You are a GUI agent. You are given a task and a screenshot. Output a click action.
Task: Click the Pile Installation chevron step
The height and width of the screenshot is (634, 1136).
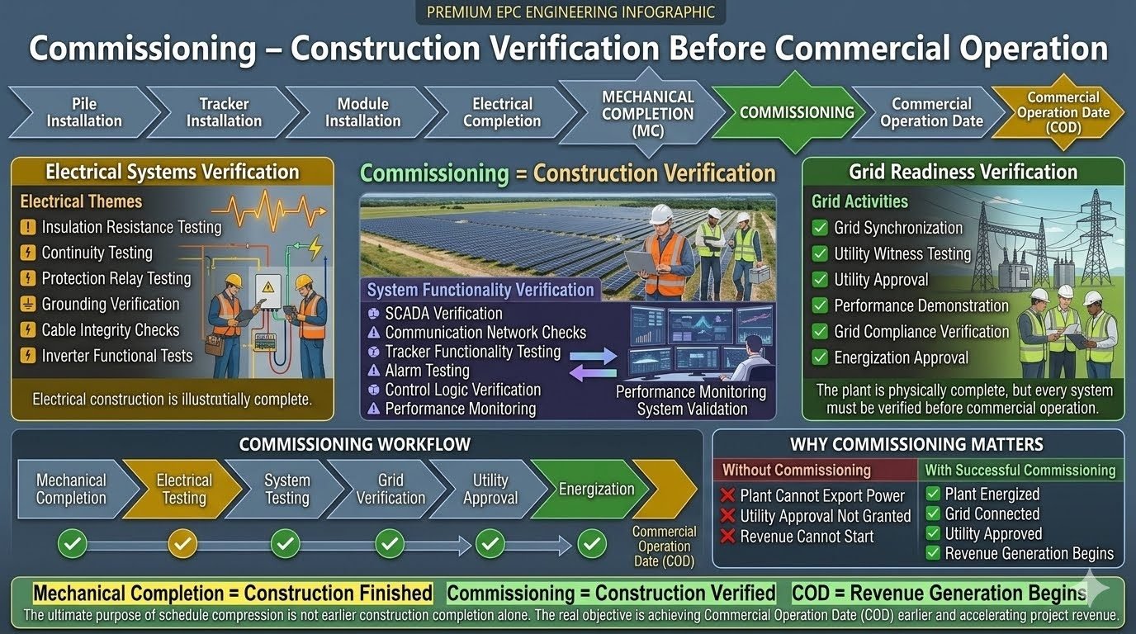pyautogui.click(x=83, y=112)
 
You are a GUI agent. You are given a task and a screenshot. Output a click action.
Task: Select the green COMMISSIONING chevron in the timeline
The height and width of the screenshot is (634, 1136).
pyautogui.click(x=795, y=112)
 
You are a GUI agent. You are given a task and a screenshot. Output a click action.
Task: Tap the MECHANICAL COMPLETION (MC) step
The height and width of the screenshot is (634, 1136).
pyautogui.click(x=647, y=112)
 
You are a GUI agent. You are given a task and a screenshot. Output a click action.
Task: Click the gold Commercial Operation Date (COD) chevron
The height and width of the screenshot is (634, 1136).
pyautogui.click(x=1063, y=112)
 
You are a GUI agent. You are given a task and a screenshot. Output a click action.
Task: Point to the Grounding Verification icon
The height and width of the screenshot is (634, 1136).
pyautogui.click(x=28, y=304)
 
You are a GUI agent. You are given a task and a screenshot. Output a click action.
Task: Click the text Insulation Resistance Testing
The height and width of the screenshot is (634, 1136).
pyautogui.click(x=131, y=227)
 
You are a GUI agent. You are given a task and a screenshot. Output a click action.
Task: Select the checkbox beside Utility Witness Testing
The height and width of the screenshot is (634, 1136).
pyautogui.click(x=820, y=253)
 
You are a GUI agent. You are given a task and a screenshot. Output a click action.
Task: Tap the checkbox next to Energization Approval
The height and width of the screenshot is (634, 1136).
pyautogui.click(x=820, y=357)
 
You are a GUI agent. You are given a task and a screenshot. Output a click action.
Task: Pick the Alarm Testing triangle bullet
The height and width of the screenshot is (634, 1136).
pyautogui.click(x=373, y=371)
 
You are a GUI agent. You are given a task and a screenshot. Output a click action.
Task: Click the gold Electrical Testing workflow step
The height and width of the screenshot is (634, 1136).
pyautogui.click(x=182, y=489)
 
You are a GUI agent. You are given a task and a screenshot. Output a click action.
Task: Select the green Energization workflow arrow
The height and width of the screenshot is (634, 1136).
pyautogui.click(x=590, y=489)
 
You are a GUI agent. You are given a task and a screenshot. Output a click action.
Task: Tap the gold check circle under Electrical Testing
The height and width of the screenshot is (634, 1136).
pyautogui.click(x=182, y=544)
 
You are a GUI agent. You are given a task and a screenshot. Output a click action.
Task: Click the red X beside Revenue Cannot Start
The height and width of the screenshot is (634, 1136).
pyautogui.click(x=728, y=536)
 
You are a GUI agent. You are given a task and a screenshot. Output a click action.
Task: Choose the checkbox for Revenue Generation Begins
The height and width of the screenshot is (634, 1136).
pyautogui.click(x=933, y=553)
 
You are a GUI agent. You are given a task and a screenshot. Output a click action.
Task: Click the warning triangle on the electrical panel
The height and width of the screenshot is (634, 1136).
pyautogui.click(x=267, y=287)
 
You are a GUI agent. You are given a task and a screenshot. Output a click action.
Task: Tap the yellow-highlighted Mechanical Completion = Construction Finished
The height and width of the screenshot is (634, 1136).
pyautogui.click(x=233, y=593)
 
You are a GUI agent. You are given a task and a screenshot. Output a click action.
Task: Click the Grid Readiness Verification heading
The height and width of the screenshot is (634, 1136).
pyautogui.click(x=963, y=172)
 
